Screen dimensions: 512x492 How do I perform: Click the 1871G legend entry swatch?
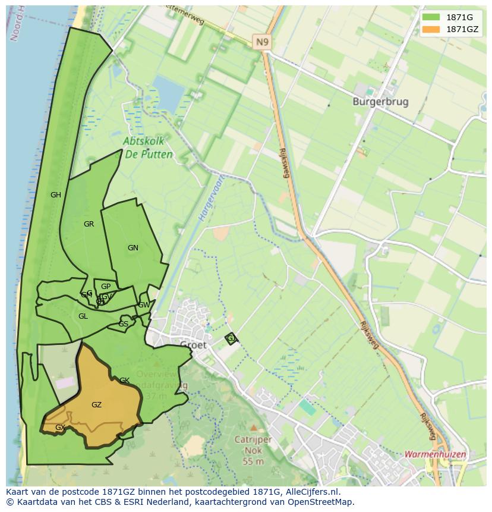tap(432, 17)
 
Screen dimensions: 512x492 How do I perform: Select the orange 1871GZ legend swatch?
tap(432, 29)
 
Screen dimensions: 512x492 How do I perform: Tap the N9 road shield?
tap(261, 42)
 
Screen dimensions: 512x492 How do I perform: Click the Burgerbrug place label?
tap(380, 102)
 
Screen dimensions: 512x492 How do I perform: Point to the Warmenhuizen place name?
tap(435, 454)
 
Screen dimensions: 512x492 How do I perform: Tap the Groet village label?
tap(193, 345)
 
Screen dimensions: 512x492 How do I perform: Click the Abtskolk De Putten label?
tap(148, 148)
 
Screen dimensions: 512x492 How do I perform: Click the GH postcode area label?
tap(56, 195)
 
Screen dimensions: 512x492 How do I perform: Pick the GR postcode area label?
tap(89, 224)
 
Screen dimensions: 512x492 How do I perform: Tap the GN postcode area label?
tap(133, 248)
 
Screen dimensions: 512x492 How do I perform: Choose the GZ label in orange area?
tap(96, 405)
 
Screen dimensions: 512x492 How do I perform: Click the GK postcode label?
tap(124, 381)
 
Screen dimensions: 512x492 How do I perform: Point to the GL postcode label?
tap(83, 316)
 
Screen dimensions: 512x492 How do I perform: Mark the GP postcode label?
tap(106, 287)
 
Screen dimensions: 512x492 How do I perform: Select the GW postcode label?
tap(144, 305)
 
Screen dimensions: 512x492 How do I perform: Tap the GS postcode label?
tap(123, 324)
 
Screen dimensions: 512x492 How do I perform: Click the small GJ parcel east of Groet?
tap(231, 338)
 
